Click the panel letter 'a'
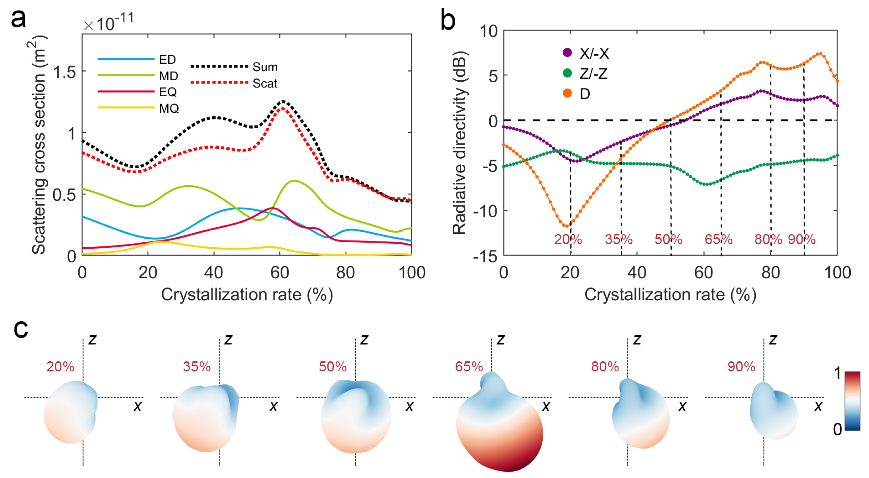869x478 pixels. (18, 19)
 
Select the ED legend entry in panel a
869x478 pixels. (167, 60)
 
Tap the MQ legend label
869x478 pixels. (169, 108)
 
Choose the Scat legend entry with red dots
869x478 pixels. (265, 83)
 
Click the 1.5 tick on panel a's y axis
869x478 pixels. (64, 72)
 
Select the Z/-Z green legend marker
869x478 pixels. (567, 73)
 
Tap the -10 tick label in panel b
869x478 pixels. (485, 212)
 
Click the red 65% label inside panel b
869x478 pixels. (718, 239)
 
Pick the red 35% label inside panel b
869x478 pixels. (618, 239)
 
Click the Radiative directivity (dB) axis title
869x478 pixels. (459, 143)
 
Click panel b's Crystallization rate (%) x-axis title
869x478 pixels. (670, 295)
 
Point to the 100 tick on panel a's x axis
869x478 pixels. (411, 272)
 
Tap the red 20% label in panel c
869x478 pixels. (60, 367)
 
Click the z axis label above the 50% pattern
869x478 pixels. (364, 340)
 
